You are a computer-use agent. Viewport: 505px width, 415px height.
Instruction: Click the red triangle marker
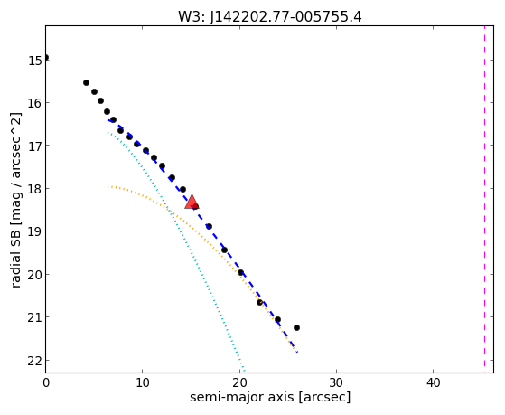tap(192, 202)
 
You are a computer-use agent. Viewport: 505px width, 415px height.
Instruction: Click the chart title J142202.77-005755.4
tap(285, 17)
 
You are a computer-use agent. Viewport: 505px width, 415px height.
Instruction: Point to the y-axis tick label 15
tap(34, 61)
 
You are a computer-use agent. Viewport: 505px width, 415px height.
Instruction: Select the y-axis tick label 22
tap(34, 361)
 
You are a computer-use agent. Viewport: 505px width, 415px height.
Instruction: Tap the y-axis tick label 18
tap(34, 189)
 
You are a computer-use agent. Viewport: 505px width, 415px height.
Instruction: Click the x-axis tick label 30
tap(336, 382)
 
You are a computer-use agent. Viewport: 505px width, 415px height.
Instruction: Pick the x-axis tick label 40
tap(433, 382)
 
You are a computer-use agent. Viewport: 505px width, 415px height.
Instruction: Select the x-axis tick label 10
tap(143, 382)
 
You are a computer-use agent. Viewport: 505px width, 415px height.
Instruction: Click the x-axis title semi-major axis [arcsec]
tap(270, 397)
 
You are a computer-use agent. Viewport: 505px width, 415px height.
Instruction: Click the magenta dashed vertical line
tap(484, 196)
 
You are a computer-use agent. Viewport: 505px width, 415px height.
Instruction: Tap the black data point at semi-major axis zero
tap(46, 57)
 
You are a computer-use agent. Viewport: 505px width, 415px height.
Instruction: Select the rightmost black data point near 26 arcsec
tap(296, 327)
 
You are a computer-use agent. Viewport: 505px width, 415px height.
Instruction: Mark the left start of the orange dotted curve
tap(108, 186)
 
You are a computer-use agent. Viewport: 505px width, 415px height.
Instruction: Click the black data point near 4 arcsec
tap(86, 83)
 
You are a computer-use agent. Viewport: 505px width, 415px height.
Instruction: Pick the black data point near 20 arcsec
tap(240, 272)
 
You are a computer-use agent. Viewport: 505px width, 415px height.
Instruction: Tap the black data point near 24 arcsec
tap(277, 319)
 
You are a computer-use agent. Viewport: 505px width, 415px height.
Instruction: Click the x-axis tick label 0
tap(46, 382)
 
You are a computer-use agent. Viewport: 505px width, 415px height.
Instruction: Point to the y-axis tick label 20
tap(34, 275)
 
